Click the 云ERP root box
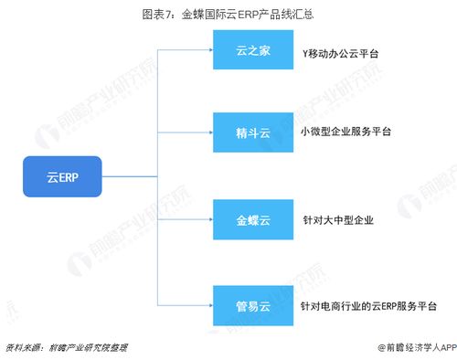(x=62, y=176)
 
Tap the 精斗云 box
(x=252, y=132)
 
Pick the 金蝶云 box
(x=252, y=219)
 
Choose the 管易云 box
(x=252, y=303)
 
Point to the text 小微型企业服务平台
(x=345, y=132)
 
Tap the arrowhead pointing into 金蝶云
(x=209, y=219)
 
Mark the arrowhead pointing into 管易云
(x=209, y=303)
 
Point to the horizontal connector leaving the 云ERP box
(x=128, y=176)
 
